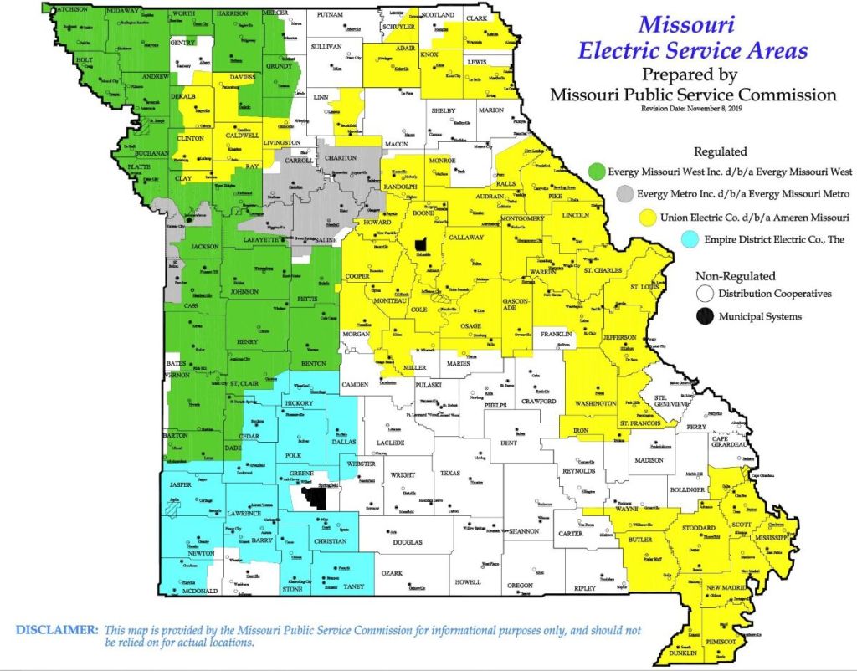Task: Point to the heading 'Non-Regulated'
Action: pos(736,275)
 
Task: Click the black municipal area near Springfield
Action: pos(316,498)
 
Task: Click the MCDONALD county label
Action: pos(200,591)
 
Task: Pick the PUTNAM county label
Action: pos(329,16)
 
